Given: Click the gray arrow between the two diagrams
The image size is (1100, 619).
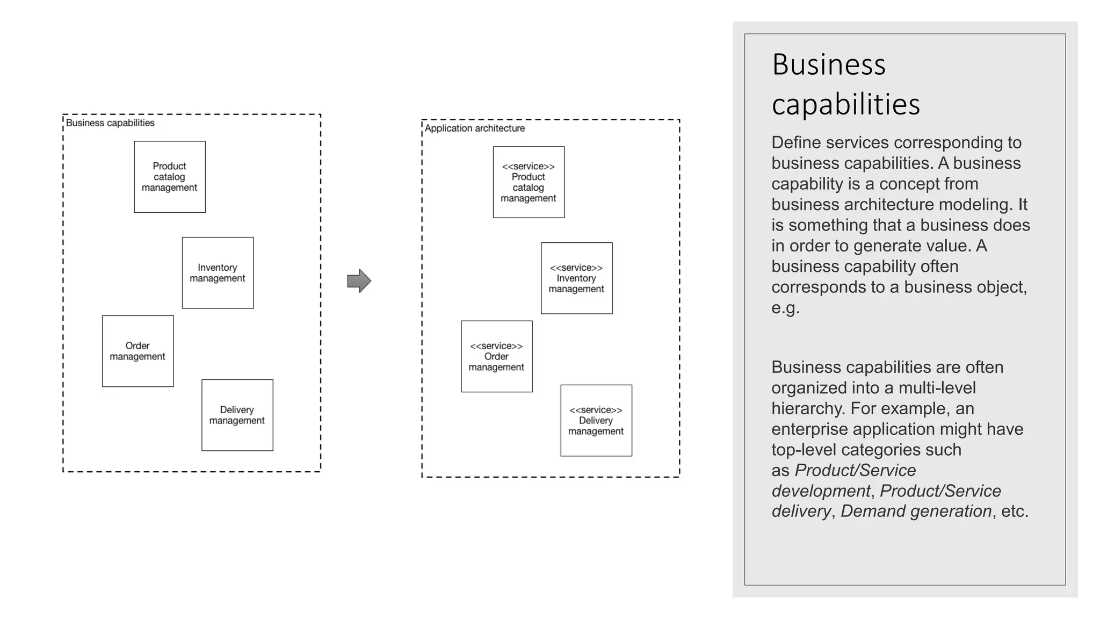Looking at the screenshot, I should pos(359,280).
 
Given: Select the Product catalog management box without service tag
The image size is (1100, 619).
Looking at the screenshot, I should pos(170,177).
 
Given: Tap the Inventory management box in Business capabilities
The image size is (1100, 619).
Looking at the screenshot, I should pos(218,273).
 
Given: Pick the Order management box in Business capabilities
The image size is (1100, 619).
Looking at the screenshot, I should pos(137,351).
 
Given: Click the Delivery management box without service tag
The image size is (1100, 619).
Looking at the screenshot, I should pos(237,415).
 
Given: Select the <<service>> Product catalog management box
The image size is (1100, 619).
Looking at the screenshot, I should pos(529,182).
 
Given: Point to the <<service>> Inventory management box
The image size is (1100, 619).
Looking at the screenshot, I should pos(576,278).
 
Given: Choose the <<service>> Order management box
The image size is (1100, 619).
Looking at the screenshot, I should pos(496,356).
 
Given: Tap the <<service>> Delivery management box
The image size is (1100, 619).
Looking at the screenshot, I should pos(596,420).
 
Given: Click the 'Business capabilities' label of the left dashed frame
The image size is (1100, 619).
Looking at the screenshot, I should pos(110,123).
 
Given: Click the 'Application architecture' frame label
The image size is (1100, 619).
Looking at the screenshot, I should pos(475,128).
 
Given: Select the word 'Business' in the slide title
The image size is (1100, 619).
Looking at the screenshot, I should pos(828,65).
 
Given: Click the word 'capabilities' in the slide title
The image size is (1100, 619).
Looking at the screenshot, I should pos(845,104).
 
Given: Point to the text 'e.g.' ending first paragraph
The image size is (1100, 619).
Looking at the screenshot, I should pos(785,308).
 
